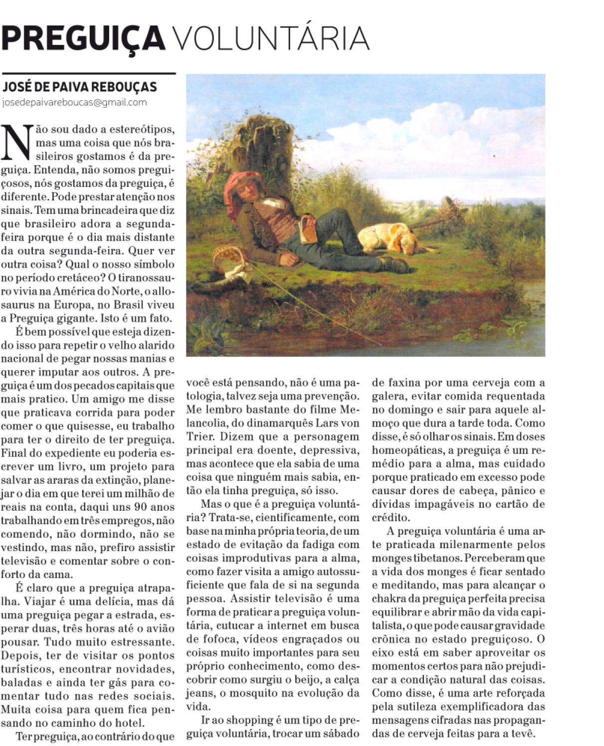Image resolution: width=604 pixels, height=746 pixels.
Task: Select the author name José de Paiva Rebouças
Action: click(x=80, y=87)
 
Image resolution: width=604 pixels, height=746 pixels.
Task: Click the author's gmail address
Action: click(x=75, y=103)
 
